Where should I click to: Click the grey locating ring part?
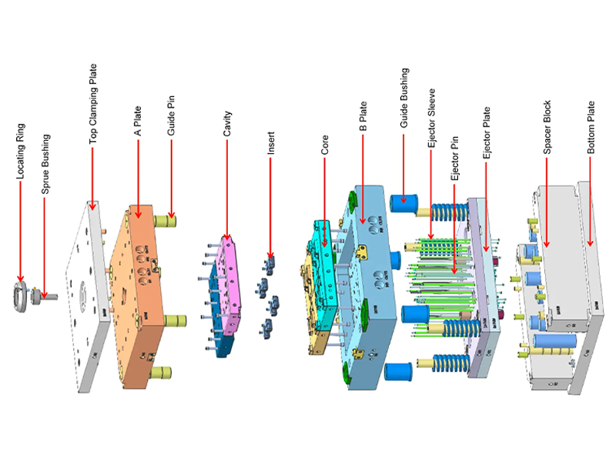pyautogui.click(x=21, y=296)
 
